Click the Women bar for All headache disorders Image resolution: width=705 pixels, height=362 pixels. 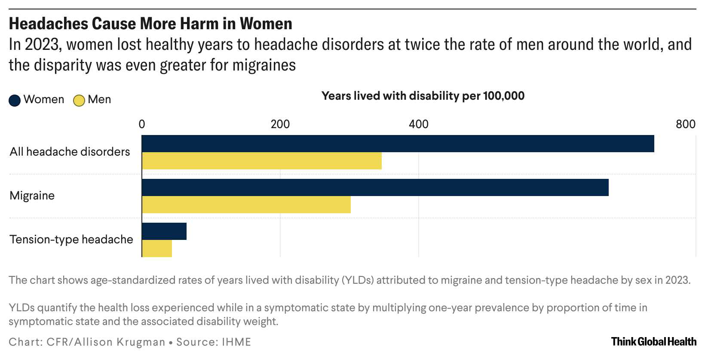(x=398, y=144)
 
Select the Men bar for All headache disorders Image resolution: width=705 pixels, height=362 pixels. (x=262, y=161)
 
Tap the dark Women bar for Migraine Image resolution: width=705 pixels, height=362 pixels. (x=375, y=187)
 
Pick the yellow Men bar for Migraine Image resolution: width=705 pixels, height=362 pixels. (x=246, y=205)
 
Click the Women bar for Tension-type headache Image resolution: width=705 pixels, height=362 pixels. (x=164, y=231)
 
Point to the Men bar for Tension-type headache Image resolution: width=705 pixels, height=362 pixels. (x=157, y=248)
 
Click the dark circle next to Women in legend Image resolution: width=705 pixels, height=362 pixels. (x=15, y=100)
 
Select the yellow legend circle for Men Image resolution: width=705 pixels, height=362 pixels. (x=79, y=100)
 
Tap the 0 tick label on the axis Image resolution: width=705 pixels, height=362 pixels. (x=142, y=124)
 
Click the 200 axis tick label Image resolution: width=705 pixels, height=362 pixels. (x=280, y=124)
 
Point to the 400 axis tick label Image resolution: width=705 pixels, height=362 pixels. (x=419, y=124)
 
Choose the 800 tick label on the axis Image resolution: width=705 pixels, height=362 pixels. (x=685, y=124)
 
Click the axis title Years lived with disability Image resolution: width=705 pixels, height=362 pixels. (x=423, y=95)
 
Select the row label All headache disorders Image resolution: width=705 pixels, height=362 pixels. (x=70, y=152)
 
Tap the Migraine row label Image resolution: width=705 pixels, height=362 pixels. (x=32, y=196)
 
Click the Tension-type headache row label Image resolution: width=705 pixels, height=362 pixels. (x=71, y=239)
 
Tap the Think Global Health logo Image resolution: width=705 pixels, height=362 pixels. (x=653, y=342)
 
